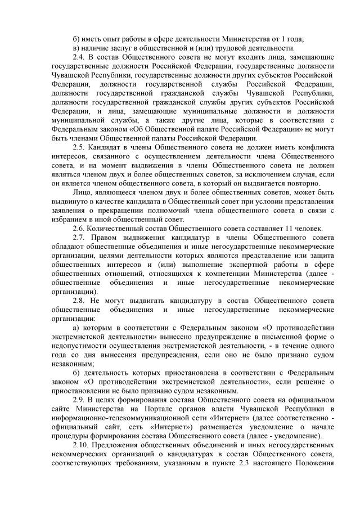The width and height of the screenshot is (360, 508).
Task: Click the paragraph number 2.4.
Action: (x=80, y=57)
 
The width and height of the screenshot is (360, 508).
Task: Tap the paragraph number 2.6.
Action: (x=80, y=228)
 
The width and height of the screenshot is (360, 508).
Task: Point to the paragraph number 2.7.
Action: (x=80, y=238)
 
